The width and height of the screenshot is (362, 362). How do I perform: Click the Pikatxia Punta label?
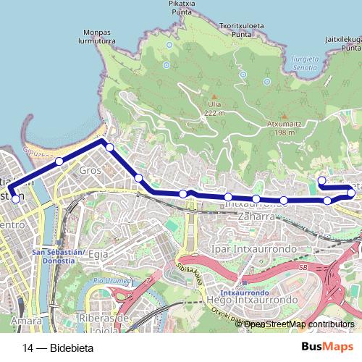coord(182,7)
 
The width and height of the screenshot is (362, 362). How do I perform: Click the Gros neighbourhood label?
coord(90,170)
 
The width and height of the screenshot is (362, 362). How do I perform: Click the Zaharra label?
coord(249,216)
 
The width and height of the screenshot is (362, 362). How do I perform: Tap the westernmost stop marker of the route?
coord(15,198)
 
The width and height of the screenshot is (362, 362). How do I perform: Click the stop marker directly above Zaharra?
coord(256,199)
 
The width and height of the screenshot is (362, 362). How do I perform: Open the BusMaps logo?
coord(321,346)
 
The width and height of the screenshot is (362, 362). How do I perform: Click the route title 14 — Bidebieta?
coord(58,348)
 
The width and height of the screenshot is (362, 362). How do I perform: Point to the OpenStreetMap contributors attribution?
coord(298,324)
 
